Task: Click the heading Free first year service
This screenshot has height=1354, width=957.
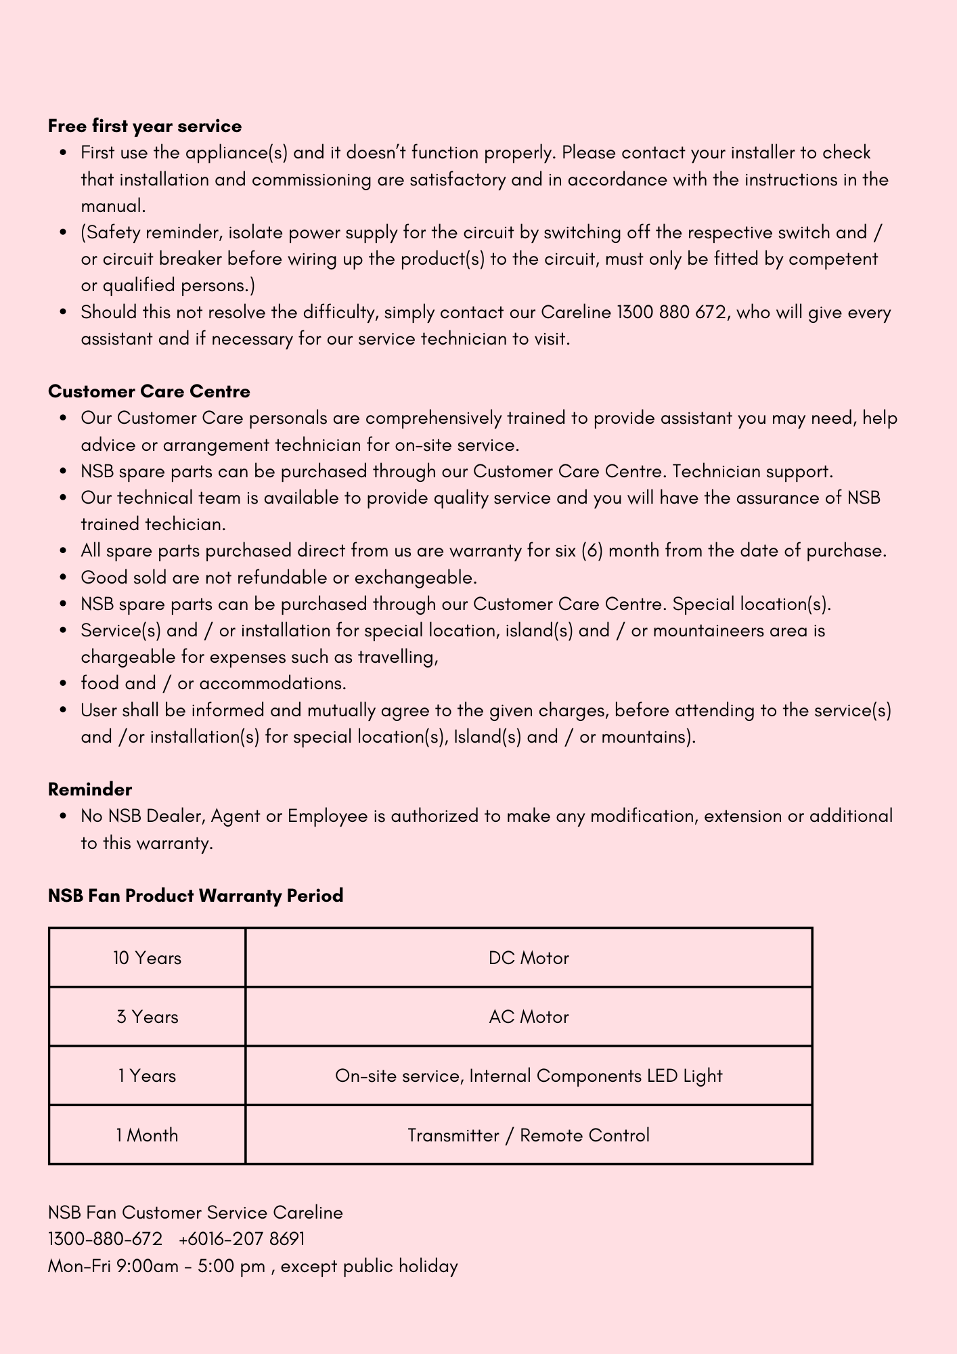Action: tap(145, 127)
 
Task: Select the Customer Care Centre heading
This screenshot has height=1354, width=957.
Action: tap(149, 392)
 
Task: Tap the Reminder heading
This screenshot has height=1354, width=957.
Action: tap(90, 789)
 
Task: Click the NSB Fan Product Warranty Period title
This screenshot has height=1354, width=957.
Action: tap(196, 896)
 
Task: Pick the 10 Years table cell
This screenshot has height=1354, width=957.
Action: tap(147, 958)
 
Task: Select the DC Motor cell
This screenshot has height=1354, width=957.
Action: tap(529, 958)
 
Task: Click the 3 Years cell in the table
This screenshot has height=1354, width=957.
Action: tap(147, 1017)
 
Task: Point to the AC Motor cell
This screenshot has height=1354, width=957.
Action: tap(529, 1017)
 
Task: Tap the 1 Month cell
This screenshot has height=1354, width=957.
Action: tap(147, 1135)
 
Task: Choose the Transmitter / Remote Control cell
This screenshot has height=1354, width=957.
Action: tap(529, 1135)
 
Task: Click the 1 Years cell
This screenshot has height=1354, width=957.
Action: tap(147, 1076)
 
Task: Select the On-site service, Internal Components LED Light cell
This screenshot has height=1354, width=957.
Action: tap(529, 1076)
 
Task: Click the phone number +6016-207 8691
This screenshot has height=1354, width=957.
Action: tap(242, 1239)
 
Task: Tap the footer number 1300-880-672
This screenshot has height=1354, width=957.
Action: tap(105, 1239)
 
